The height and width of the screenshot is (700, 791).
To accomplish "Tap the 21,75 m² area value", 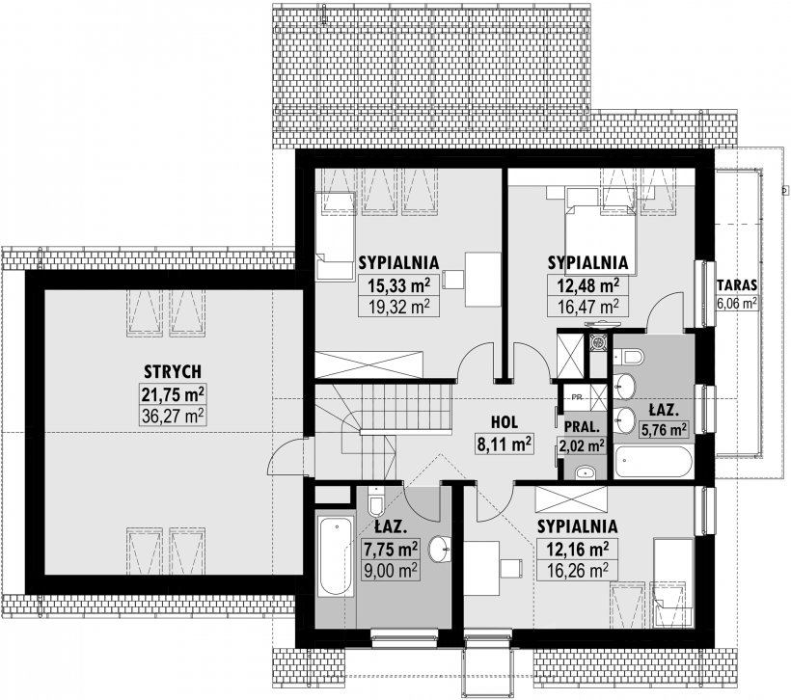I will pyautogui.click(x=174, y=393).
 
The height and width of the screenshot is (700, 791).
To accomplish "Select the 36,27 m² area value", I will pyautogui.click(x=174, y=416).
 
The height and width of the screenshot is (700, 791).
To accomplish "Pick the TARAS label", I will pyautogui.click(x=737, y=285).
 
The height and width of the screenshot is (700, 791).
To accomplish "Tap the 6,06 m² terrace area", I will pyautogui.click(x=737, y=303).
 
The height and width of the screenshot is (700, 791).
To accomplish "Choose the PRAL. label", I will pyautogui.click(x=582, y=424).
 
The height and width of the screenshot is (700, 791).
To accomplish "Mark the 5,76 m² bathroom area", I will pyautogui.click(x=665, y=430).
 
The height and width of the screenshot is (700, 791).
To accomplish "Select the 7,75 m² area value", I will pyautogui.click(x=390, y=549).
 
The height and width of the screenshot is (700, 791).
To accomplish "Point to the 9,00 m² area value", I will pyautogui.click(x=390, y=569).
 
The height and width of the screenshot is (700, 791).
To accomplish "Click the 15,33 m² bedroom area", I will pyautogui.click(x=399, y=284).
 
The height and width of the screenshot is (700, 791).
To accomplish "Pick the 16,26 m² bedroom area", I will pyautogui.click(x=577, y=570).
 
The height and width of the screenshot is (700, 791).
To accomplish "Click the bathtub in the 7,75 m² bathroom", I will pyautogui.click(x=334, y=558).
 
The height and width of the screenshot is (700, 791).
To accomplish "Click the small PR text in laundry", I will pyautogui.click(x=576, y=396).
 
